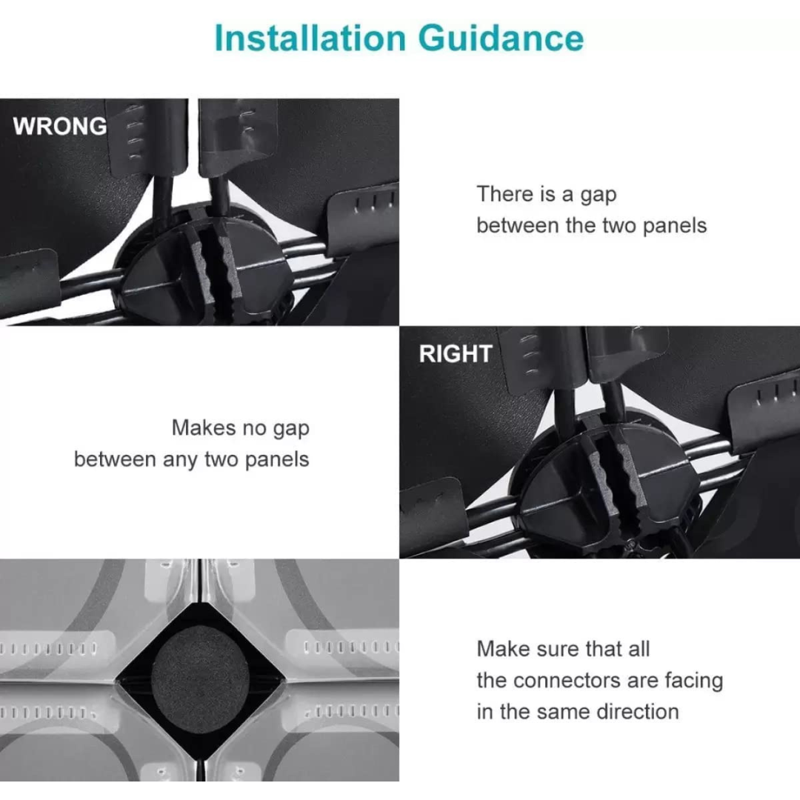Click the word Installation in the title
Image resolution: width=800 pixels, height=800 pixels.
pyautogui.click(x=310, y=39)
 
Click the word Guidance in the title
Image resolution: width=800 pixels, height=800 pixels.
pyautogui.click(x=501, y=39)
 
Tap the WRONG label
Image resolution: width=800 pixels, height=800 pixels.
pyautogui.click(x=60, y=126)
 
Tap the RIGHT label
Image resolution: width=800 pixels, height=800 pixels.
pyautogui.click(x=456, y=353)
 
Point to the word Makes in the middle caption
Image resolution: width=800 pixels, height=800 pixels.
pyautogui.click(x=204, y=427)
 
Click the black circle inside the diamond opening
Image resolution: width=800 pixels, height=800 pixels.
pyautogui.click(x=201, y=678)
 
